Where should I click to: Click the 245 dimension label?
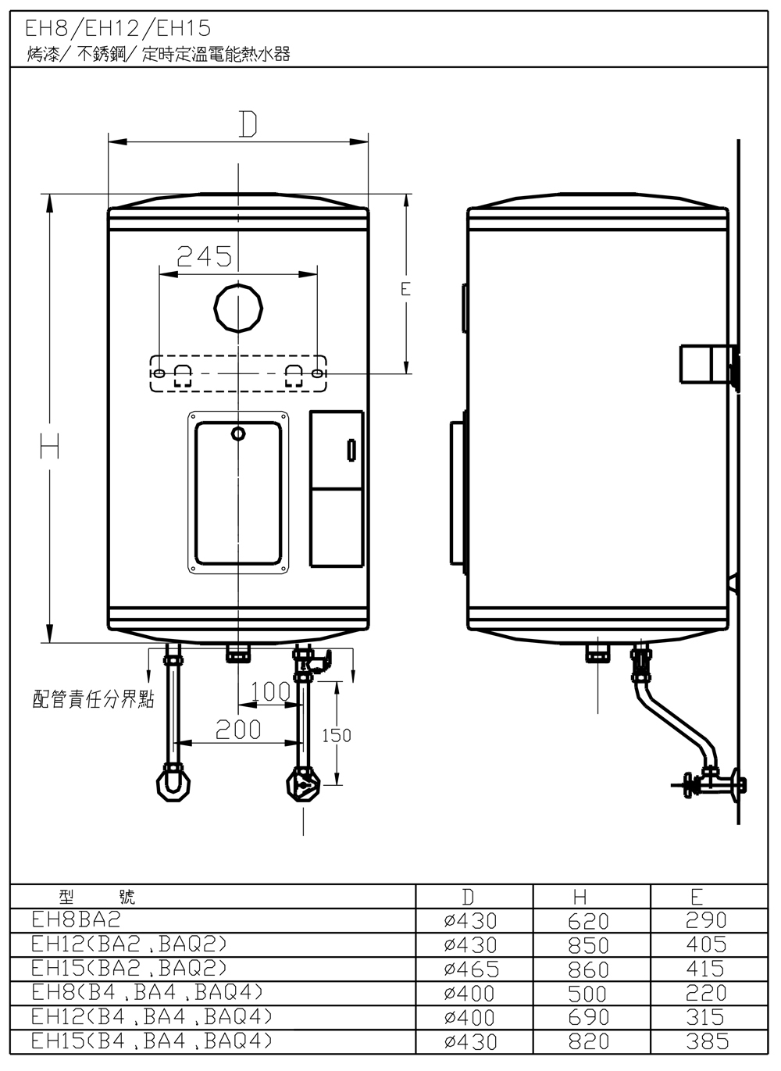[205, 257]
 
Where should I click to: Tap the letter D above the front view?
[248, 124]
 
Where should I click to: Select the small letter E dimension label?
[405, 289]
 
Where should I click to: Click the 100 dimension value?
[270, 691]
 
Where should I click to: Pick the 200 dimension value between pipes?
[238, 730]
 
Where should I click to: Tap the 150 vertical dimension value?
[337, 735]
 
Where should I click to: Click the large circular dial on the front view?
[238, 309]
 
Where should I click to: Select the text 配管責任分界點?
[94, 699]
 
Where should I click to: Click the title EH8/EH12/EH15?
[118, 29]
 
